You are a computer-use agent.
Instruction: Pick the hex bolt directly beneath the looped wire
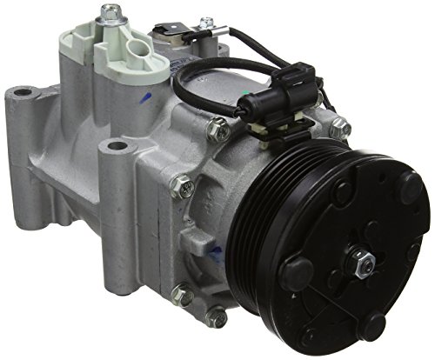220,131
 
